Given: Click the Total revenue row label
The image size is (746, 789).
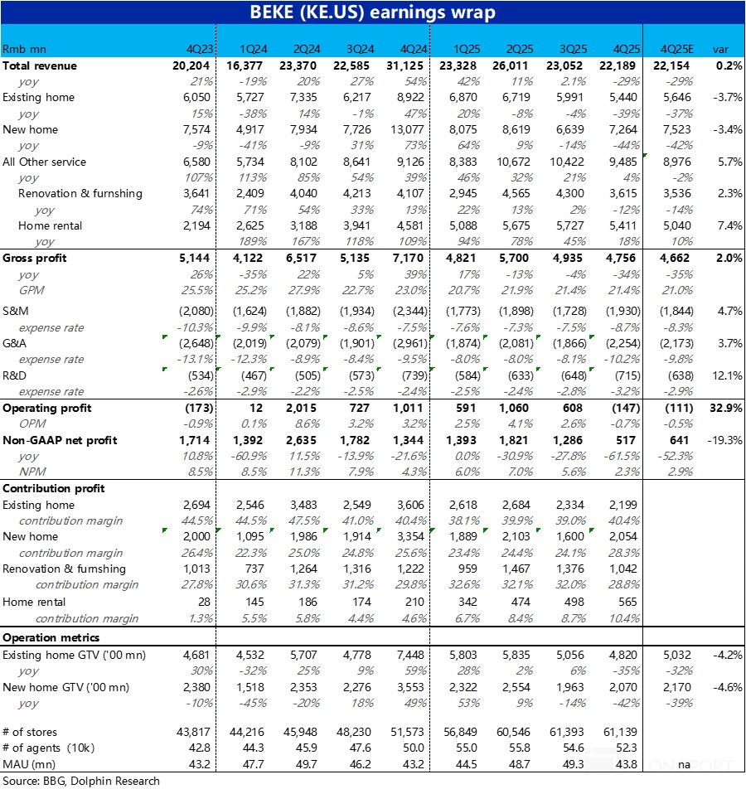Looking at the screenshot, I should tap(40, 65).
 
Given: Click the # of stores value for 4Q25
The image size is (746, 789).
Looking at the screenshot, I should tap(622, 734).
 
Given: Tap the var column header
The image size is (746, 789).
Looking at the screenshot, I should tap(721, 50).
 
